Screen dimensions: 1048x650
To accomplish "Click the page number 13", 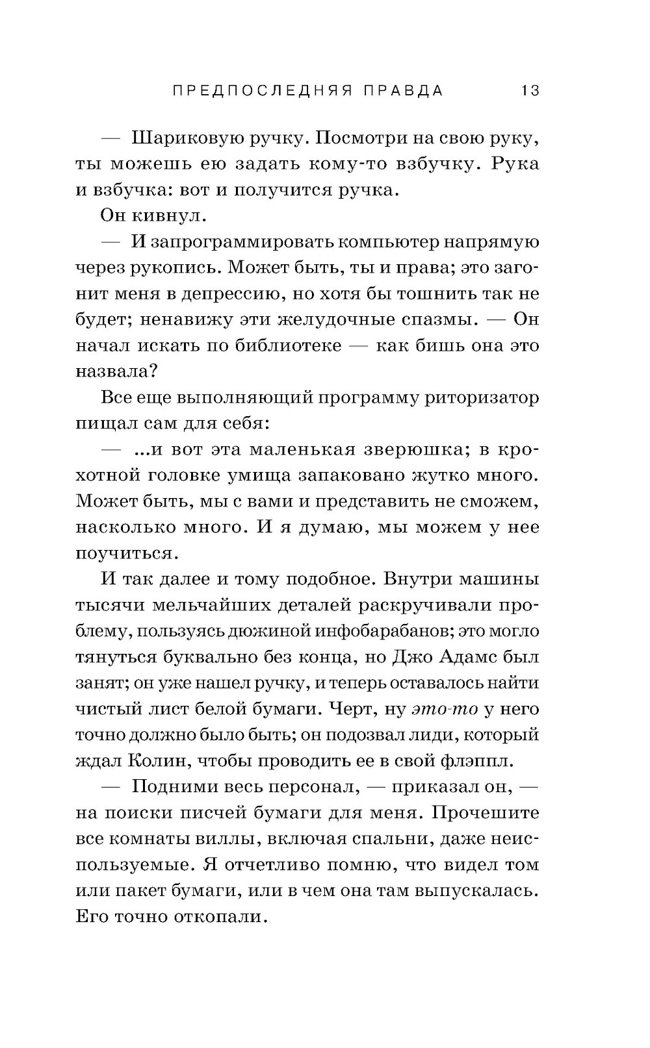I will pos(530,91).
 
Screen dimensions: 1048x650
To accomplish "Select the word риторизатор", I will pos(482,397).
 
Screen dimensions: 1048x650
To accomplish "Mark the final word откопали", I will pos(220,917).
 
